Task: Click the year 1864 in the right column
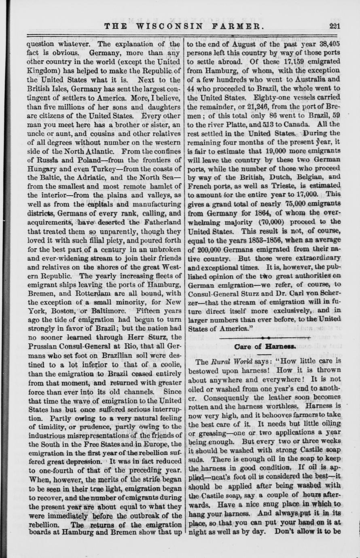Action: [x=252, y=213]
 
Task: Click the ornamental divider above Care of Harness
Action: [x=265, y=336]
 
